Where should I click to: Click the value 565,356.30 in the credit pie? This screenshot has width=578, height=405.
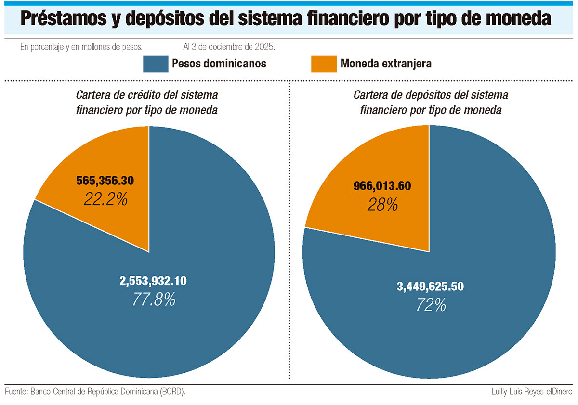tap(105, 181)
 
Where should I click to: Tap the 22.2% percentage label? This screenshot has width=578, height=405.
tap(105, 199)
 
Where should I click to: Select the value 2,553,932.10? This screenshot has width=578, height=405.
tap(153, 282)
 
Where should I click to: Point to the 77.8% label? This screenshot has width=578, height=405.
tap(154, 300)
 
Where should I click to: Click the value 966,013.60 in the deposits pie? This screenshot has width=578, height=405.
tap(382, 186)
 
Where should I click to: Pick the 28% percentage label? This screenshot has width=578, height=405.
tap(382, 205)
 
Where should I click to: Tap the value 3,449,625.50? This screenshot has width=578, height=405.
tap(430, 287)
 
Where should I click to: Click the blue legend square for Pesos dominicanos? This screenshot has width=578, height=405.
tap(156, 64)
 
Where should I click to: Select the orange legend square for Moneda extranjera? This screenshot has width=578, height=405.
tap(324, 64)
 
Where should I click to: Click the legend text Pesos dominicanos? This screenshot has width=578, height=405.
tap(219, 64)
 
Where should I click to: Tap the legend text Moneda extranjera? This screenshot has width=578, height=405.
tap(386, 64)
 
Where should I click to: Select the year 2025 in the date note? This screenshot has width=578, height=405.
tap(264, 47)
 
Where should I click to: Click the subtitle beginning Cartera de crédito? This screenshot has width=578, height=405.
tap(147, 102)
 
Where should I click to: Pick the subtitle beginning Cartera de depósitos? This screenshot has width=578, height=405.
tap(431, 102)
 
